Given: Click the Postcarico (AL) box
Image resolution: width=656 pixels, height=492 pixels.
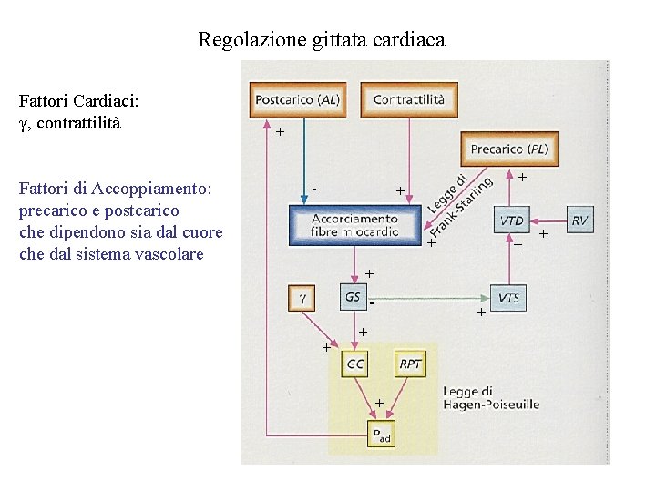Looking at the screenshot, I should [297, 99].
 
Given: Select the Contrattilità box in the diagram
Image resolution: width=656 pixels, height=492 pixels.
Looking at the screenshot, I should [409, 99].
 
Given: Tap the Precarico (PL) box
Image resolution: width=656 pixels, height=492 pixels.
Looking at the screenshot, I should [509, 149].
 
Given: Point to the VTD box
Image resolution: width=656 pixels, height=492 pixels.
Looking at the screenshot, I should [511, 220].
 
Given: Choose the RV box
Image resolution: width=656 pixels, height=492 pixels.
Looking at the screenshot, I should [580, 220].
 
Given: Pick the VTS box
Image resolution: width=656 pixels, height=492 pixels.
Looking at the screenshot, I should [509, 298].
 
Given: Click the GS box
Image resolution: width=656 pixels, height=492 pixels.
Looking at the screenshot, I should [354, 297].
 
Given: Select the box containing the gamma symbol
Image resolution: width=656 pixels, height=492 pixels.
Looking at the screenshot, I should [302, 297].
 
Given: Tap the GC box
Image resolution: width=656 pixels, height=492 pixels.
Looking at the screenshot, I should [355, 364].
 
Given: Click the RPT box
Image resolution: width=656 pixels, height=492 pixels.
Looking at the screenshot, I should [411, 364].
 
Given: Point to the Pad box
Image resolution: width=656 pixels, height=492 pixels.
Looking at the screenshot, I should [382, 436].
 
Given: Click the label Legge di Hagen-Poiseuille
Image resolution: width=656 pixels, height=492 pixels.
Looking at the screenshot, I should [490, 398].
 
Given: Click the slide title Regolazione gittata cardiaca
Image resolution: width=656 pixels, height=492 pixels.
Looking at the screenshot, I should [322, 40].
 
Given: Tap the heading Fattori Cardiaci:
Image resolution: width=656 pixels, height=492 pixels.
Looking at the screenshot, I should [78, 102].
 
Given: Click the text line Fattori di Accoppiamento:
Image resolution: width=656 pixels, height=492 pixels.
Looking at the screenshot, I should [115, 189].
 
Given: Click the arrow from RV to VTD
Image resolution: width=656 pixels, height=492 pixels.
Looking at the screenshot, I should [547, 220].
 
